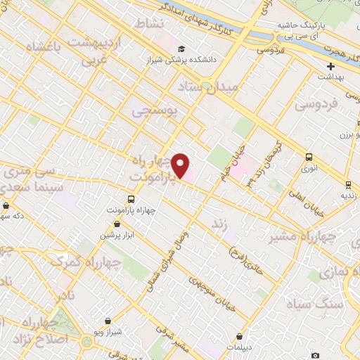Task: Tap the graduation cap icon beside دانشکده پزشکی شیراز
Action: (x=181, y=49)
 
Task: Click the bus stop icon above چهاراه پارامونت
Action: (x=131, y=199)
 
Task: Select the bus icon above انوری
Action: (x=309, y=157)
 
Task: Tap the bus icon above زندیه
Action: (x=348, y=185)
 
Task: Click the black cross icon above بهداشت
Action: (x=330, y=66)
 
